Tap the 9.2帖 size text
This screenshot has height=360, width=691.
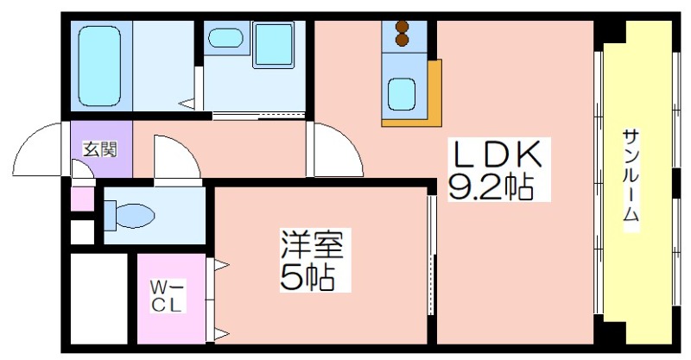[491, 186]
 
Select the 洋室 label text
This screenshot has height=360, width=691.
[315, 245]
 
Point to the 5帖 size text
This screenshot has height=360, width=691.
[307, 276]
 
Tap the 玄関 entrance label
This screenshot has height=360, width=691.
[100, 150]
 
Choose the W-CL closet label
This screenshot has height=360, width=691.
[167, 298]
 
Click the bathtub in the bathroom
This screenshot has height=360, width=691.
[100, 66]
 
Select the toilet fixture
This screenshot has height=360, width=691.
[129, 216]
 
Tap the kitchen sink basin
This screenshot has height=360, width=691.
[401, 94]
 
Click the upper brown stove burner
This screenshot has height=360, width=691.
[402, 27]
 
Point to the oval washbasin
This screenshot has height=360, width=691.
[225, 38]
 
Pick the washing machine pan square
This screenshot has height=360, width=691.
[274, 45]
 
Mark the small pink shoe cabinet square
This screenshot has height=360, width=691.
[82, 199]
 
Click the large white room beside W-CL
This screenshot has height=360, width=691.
[99, 299]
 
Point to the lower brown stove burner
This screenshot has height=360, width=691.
[402, 40]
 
